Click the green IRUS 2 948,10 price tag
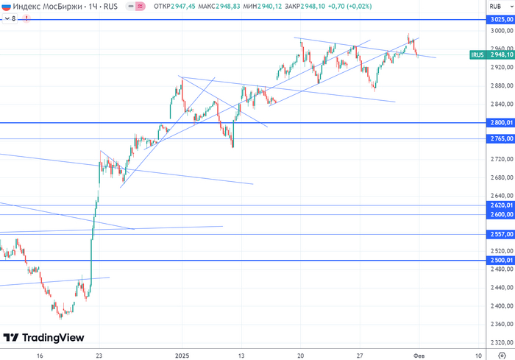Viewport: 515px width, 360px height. [x=489, y=54]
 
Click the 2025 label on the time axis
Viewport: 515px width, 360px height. [x=183, y=354]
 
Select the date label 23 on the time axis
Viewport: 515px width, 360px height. [x=99, y=354]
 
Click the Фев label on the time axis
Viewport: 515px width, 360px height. [x=419, y=354]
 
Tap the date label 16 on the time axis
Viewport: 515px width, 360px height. [x=40, y=354]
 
